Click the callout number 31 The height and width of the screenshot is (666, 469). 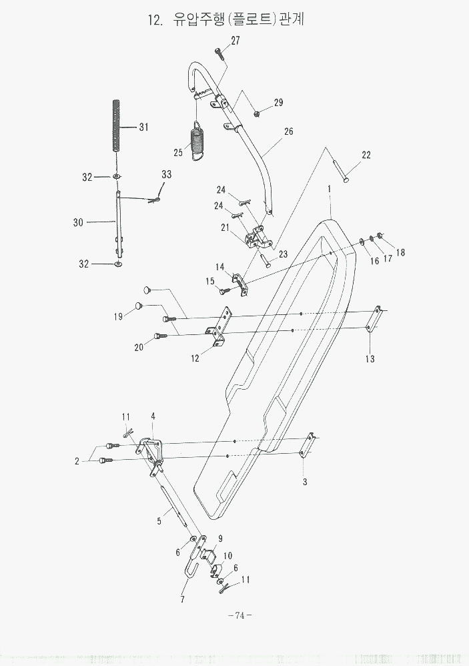[143, 127]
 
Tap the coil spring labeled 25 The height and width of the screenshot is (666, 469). [199, 142]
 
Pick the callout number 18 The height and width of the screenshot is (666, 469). [400, 252]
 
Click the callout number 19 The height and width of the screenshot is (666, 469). [118, 316]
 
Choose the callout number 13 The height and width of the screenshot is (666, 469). [370, 358]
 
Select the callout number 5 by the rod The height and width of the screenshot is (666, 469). [159, 521]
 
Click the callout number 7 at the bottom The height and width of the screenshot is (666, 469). [182, 599]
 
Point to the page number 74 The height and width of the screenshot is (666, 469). [238, 615]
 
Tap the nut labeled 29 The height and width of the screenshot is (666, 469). [257, 113]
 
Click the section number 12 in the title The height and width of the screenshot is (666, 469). [155, 20]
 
